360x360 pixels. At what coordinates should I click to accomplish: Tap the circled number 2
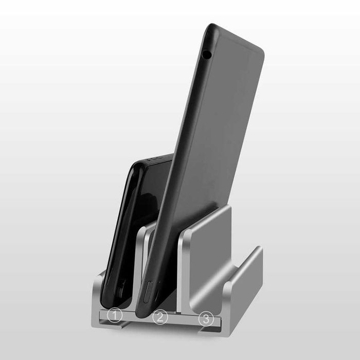pyautogui.click(x=160, y=317)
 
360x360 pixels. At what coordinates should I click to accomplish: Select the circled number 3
pyautogui.click(x=206, y=319)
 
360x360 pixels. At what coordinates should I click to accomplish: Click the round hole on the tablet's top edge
pyautogui.click(x=206, y=54)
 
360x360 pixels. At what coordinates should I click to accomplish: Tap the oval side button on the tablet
pyautogui.click(x=148, y=292)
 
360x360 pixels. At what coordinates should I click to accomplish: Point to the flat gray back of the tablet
pyautogui.click(x=221, y=129)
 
